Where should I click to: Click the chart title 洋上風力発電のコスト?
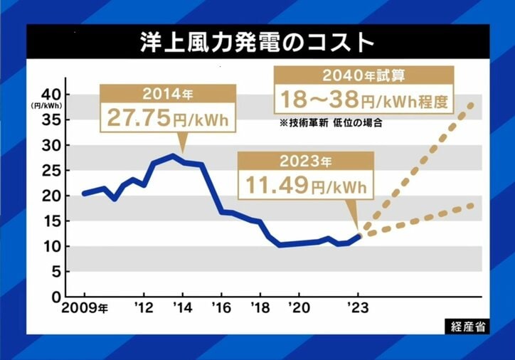[257, 42]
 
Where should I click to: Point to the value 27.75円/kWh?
[168, 117]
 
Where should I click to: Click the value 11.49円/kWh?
[306, 187]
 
